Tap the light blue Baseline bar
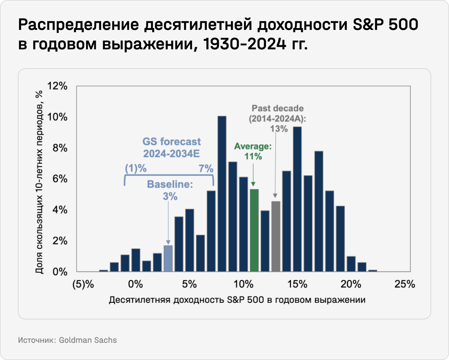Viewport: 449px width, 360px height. click(x=168, y=258)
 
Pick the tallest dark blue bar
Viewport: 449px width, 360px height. click(x=222, y=194)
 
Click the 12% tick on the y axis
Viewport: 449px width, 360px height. click(x=58, y=86)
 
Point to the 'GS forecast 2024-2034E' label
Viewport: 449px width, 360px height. click(x=172, y=147)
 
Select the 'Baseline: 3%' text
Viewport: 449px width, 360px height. click(x=170, y=190)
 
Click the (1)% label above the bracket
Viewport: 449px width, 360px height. click(x=135, y=169)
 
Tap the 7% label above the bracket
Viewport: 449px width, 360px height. click(x=206, y=169)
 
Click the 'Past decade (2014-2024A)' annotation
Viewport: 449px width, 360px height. click(x=277, y=113)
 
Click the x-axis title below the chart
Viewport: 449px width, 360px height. click(x=237, y=300)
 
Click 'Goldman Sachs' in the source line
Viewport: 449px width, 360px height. click(x=88, y=340)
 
